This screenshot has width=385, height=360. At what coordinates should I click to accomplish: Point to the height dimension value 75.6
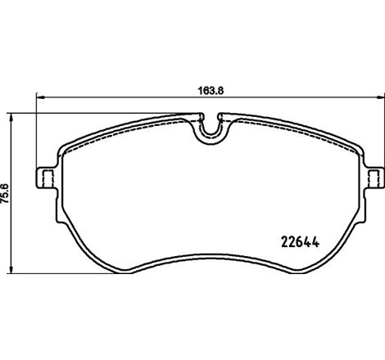coord(7,193)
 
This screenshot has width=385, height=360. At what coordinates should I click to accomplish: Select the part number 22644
coord(299,241)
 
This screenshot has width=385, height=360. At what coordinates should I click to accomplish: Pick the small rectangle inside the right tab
coord(374,178)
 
